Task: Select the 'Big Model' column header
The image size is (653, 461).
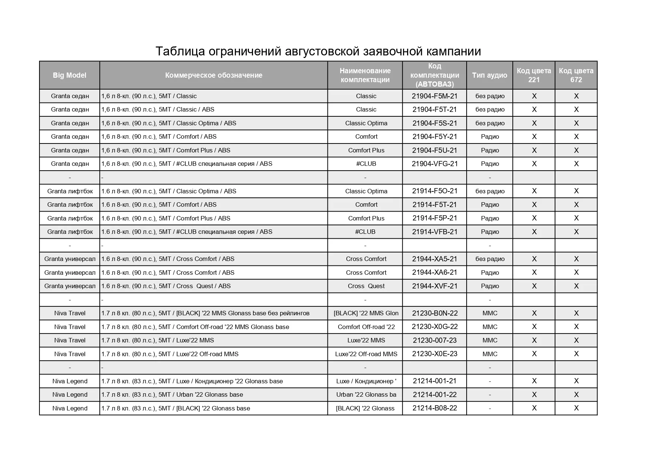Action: pyautogui.click(x=70, y=75)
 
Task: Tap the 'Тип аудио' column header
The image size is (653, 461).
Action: pyautogui.click(x=489, y=75)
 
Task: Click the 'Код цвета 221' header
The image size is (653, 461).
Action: pyautogui.click(x=534, y=75)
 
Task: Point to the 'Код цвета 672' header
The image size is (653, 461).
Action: pyautogui.click(x=576, y=75)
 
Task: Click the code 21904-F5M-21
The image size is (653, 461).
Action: pyautogui.click(x=435, y=96)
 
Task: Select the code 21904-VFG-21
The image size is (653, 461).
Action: pyautogui.click(x=435, y=164)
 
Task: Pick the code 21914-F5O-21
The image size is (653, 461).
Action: pyautogui.click(x=435, y=191)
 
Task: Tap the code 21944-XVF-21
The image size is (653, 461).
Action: pyautogui.click(x=435, y=286)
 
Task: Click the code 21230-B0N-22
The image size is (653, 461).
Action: pyautogui.click(x=435, y=313)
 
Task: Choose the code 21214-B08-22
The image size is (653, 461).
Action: pyautogui.click(x=435, y=408)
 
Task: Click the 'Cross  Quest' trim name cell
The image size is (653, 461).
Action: pyautogui.click(x=366, y=286)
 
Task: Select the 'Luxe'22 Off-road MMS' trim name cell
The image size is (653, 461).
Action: pyautogui.click(x=366, y=354)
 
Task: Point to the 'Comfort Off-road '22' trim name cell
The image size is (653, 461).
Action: pyautogui.click(x=366, y=327)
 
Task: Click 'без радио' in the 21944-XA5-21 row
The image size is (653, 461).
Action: pyautogui.click(x=490, y=259)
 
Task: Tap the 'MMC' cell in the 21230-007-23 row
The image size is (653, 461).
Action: pyautogui.click(x=490, y=340)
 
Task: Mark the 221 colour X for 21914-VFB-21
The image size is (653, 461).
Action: pyautogui.click(x=534, y=232)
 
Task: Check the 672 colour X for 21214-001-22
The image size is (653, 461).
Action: pyautogui.click(x=576, y=394)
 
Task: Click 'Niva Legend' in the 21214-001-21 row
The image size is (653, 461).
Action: pyautogui.click(x=70, y=381)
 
